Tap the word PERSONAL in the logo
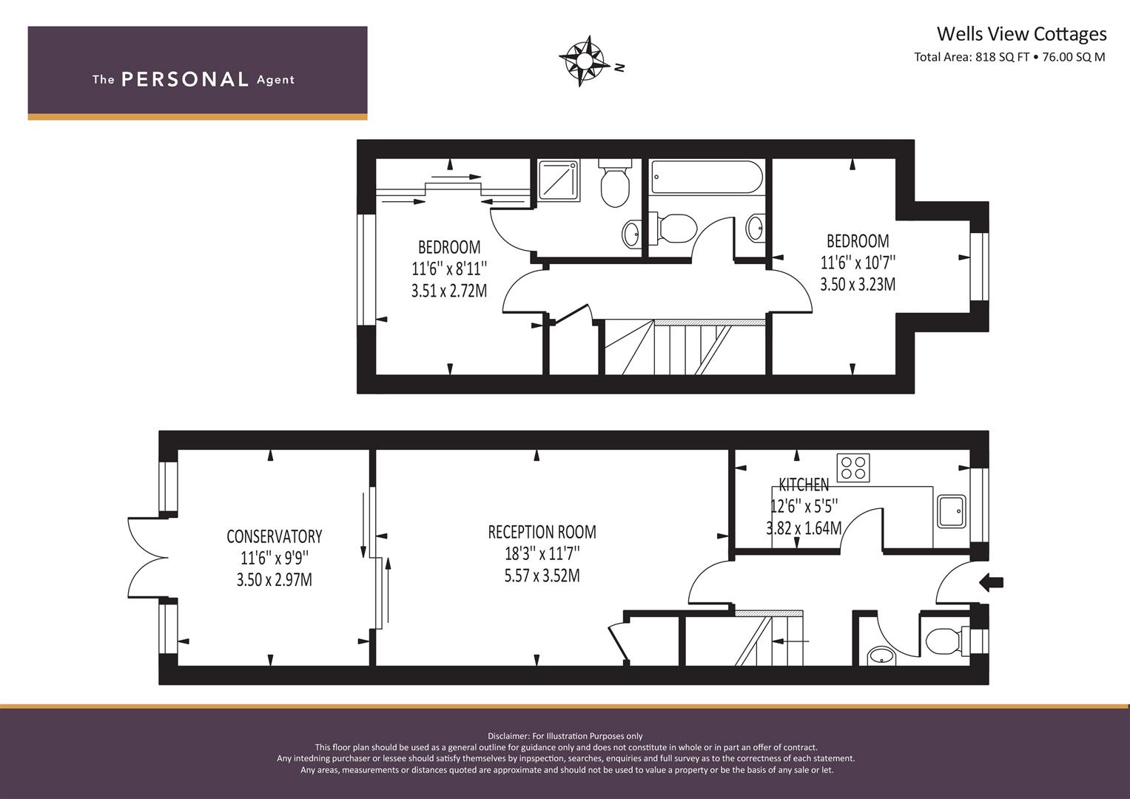tap(185, 79)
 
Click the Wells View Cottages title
tap(1021, 34)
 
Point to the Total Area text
tap(1009, 57)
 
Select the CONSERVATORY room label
tap(275, 536)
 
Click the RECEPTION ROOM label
tap(542, 532)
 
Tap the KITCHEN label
tap(804, 485)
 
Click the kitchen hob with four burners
tap(853, 468)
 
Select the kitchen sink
tap(952, 511)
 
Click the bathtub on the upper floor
tap(707, 177)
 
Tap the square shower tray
tap(559, 180)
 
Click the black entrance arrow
tap(992, 583)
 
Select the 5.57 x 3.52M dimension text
tap(542, 576)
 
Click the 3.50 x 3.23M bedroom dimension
tap(858, 285)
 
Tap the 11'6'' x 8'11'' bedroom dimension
tap(449, 269)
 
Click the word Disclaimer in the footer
tap(508, 736)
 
